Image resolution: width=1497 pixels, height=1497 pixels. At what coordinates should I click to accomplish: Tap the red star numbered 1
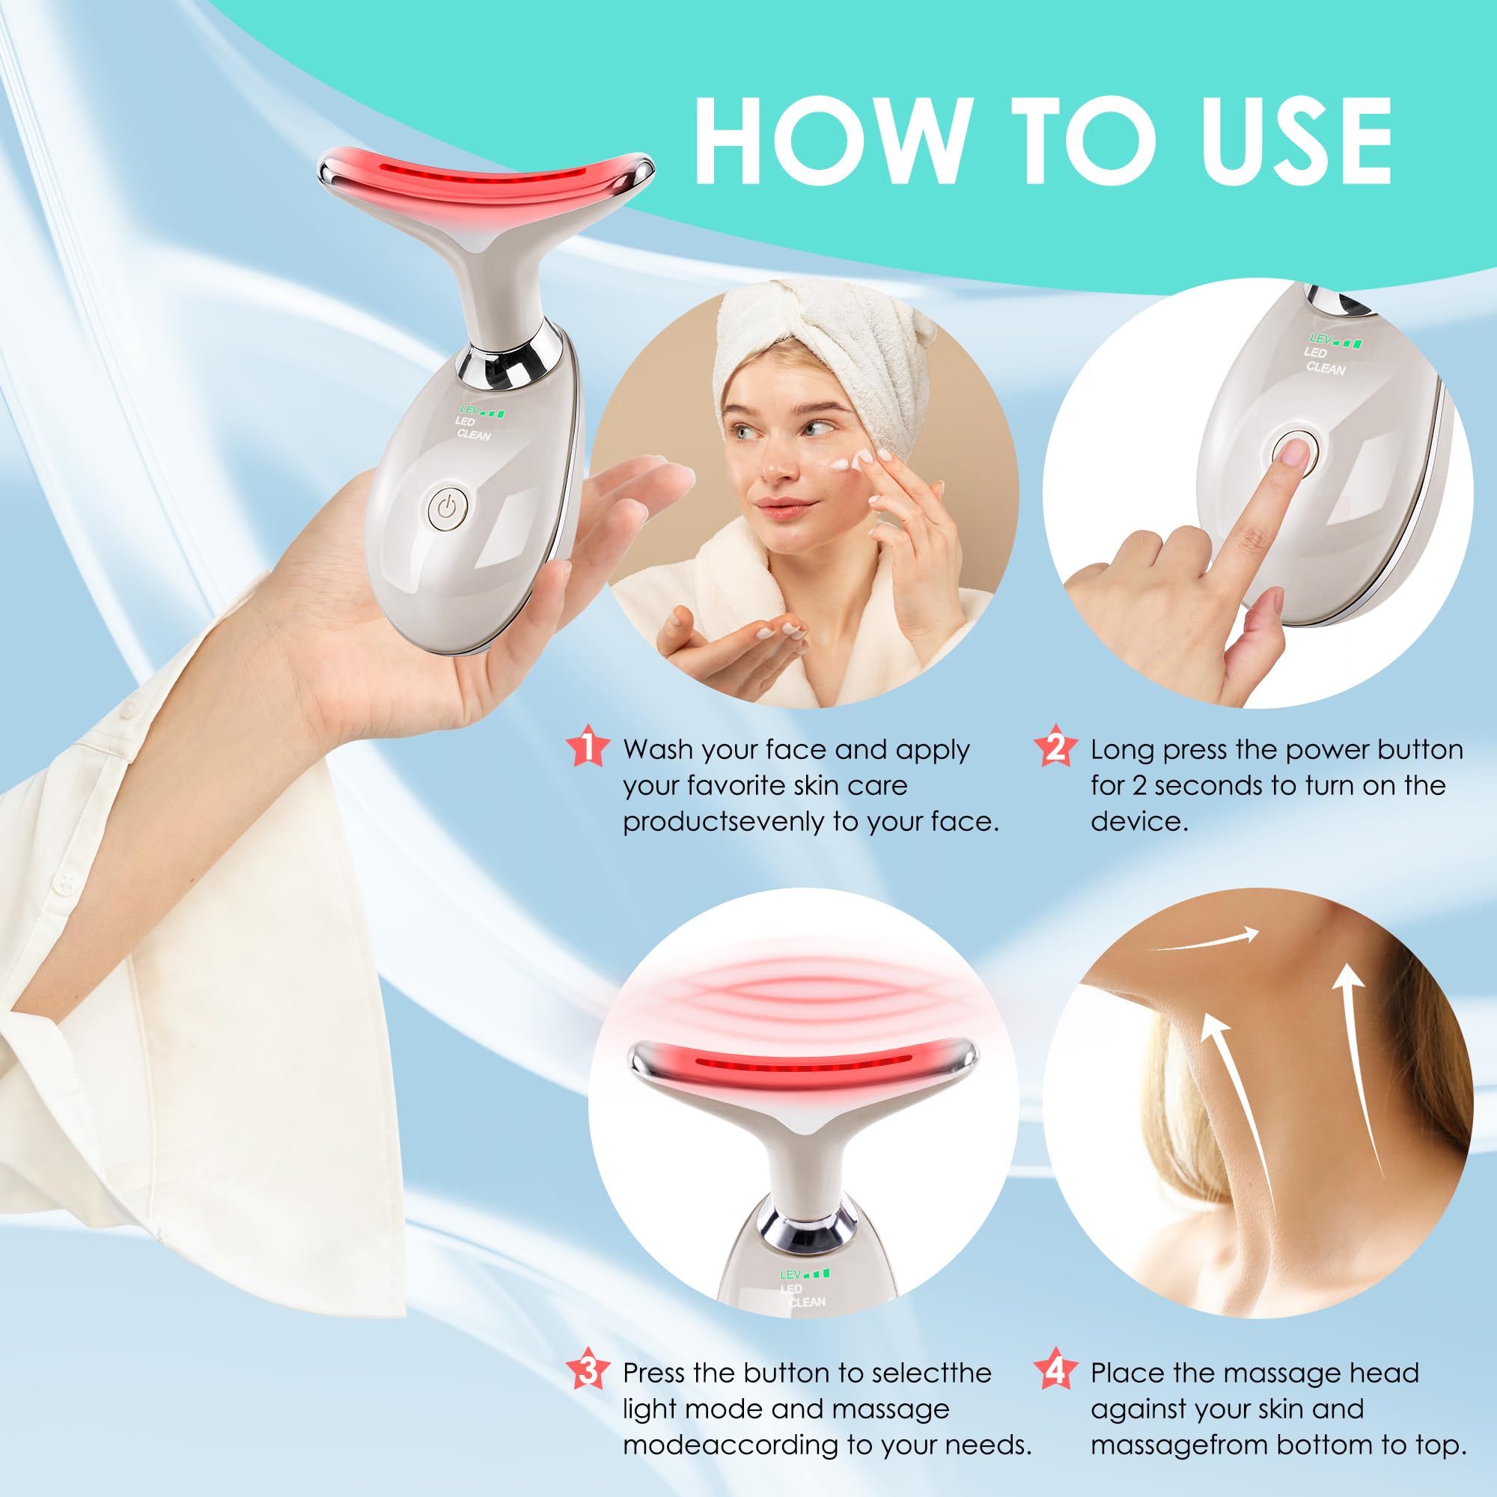pos(587,746)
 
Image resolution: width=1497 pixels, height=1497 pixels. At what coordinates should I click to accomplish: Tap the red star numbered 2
pos(1055,746)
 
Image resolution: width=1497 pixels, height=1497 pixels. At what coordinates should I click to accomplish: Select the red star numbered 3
pos(587,1370)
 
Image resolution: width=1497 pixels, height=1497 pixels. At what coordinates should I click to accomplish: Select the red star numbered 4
pos(1055,1370)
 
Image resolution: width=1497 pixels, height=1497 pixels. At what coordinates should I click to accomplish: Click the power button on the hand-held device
pos(448,509)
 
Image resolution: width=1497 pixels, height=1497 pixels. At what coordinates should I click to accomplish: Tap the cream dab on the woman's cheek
pos(850,464)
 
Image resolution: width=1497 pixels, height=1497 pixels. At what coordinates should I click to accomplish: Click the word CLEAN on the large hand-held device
pos(474,435)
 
